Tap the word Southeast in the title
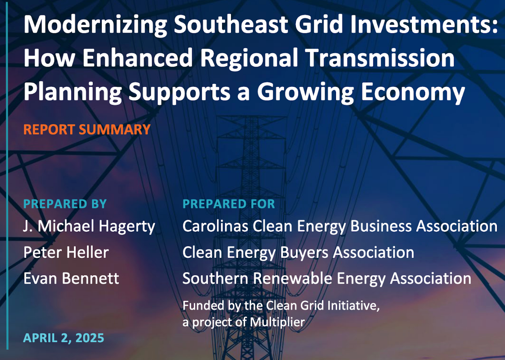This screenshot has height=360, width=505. pyautogui.click(x=231, y=24)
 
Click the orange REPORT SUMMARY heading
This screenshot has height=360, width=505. pyautogui.click(x=87, y=129)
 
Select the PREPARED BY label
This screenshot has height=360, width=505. pyautogui.click(x=65, y=204)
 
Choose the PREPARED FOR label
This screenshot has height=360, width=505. pyautogui.click(x=229, y=204)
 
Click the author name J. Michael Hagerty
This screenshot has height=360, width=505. pyautogui.click(x=89, y=227)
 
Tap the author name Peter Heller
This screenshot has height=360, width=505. pyautogui.click(x=66, y=252)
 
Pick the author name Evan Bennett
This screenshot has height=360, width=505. pyautogui.click(x=71, y=279)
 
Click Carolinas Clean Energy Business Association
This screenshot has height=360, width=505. pyautogui.click(x=340, y=227)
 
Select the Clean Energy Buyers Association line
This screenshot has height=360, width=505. pyautogui.click(x=298, y=253)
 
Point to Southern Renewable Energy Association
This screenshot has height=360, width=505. pyautogui.click(x=327, y=279)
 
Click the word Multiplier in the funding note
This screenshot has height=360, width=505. pyautogui.click(x=277, y=322)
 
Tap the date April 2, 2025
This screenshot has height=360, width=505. pyautogui.click(x=64, y=338)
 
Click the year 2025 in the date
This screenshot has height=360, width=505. pyautogui.click(x=90, y=338)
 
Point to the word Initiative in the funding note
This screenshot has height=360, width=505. pyautogui.click(x=353, y=306)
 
